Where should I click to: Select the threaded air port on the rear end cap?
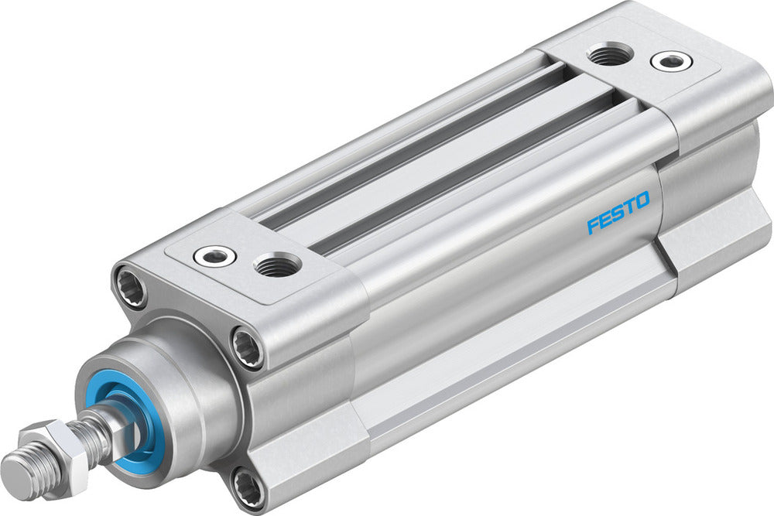click(x=609, y=53)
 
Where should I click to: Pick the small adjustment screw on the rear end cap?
click(x=667, y=60)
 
